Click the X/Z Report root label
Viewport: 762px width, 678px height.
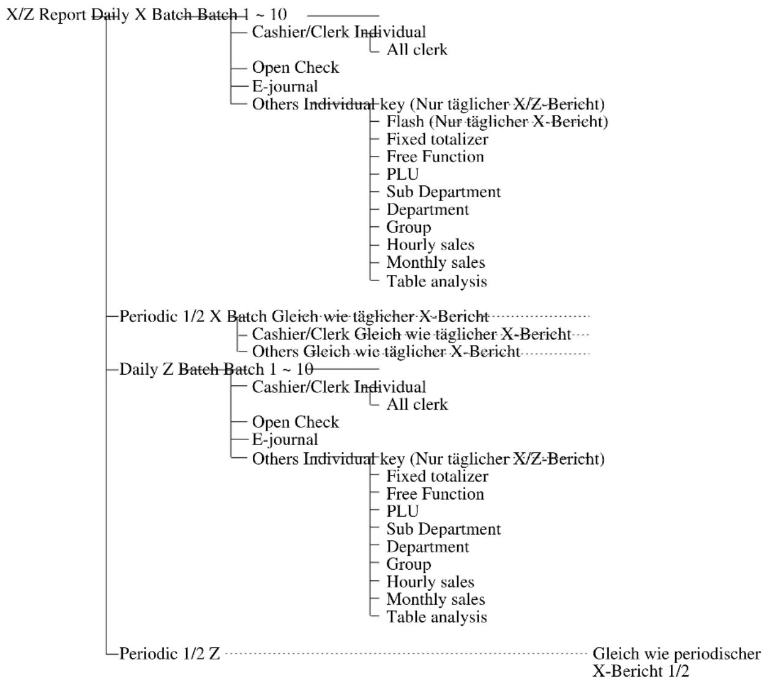point(47,15)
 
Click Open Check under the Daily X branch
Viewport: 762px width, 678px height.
point(295,68)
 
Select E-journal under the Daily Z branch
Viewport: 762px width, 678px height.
point(285,440)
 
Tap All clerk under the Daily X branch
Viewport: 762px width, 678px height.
point(417,50)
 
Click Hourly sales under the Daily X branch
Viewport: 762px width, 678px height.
point(430,245)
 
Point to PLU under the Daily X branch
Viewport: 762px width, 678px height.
point(403,174)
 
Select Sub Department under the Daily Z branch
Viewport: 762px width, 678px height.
point(444,529)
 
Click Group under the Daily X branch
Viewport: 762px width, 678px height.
point(408,227)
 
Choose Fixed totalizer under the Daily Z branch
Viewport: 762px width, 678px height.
point(437,476)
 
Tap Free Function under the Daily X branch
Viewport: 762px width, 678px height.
point(435,157)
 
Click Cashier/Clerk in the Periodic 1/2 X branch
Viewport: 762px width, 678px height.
point(301,334)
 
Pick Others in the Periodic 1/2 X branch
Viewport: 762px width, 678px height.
point(275,352)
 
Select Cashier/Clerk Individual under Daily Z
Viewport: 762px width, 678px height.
point(339,387)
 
